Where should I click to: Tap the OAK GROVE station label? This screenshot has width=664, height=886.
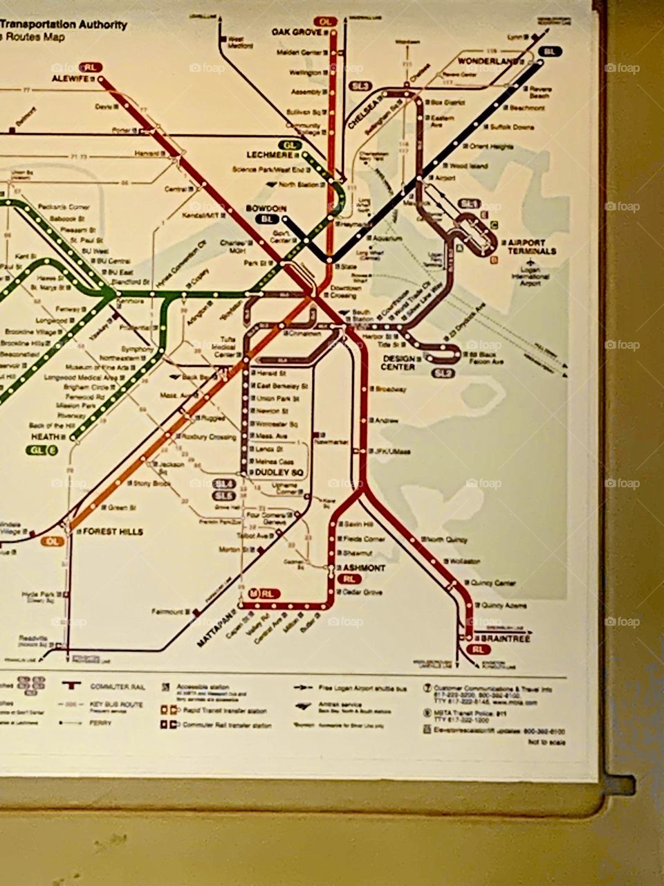(x=297, y=32)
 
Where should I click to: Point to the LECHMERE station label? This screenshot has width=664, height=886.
(x=270, y=155)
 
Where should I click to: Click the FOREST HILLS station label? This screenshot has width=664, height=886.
(x=113, y=532)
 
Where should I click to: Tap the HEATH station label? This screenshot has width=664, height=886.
(x=44, y=437)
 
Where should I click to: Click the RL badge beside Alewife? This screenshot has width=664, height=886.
(x=91, y=67)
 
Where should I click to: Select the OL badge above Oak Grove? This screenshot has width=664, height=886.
(x=326, y=21)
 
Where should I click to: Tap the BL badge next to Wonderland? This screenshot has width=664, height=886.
(x=551, y=51)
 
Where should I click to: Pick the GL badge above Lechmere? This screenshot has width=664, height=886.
(x=292, y=145)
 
